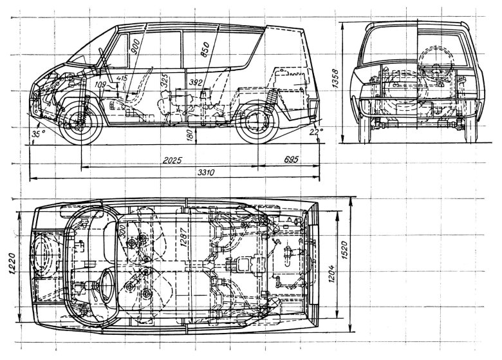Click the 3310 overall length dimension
point(205,173)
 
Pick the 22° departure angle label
point(315,133)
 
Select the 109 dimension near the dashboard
point(100,83)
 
